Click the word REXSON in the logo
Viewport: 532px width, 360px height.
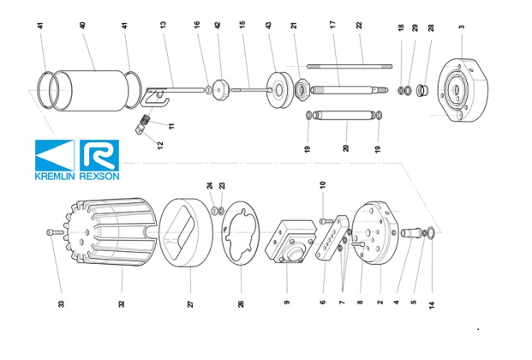(99, 176)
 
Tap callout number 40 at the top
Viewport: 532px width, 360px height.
(83, 27)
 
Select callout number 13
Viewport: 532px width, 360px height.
(163, 27)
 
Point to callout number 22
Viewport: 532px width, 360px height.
(360, 27)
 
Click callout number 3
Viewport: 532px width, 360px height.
(461, 27)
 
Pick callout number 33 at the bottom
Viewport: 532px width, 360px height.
(61, 303)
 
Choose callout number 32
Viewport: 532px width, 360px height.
(121, 303)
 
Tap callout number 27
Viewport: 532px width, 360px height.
(190, 303)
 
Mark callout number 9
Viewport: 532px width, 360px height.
(287, 303)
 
